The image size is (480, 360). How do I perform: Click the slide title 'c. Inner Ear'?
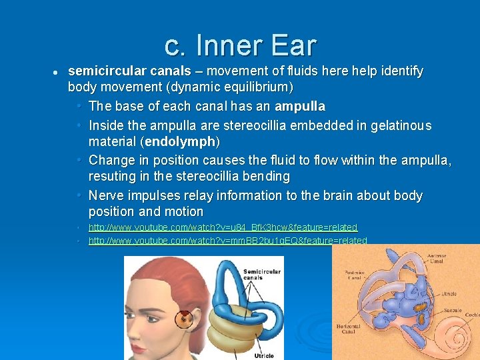(x=240, y=45)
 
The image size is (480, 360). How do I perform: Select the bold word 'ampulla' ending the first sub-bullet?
(x=299, y=106)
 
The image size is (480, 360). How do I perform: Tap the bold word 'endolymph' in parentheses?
(x=182, y=141)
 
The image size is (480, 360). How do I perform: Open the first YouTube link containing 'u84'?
(x=223, y=228)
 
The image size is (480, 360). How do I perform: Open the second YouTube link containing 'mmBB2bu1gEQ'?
(x=227, y=241)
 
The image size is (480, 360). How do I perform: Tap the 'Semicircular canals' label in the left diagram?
(x=261, y=275)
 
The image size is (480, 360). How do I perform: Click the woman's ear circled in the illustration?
(x=185, y=319)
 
